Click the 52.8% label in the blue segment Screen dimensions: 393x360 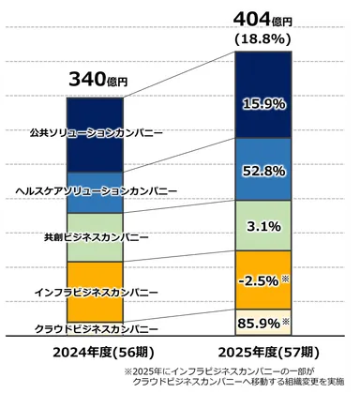click(x=269, y=171)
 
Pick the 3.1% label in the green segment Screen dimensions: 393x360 click(x=269, y=225)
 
